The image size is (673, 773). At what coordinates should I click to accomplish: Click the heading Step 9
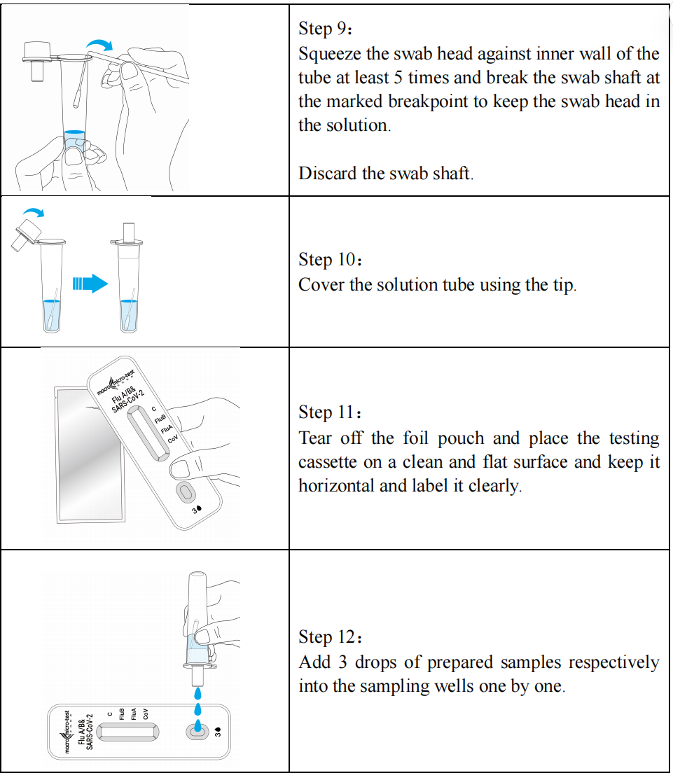pos(325,29)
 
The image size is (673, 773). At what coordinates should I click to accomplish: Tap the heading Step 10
pos(331,259)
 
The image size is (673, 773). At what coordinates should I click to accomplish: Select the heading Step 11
pos(331,412)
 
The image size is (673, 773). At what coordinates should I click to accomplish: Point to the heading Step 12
pos(331,636)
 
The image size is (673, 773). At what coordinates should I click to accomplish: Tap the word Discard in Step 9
pos(328,173)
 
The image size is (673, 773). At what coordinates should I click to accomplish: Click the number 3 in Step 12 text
pos(342,662)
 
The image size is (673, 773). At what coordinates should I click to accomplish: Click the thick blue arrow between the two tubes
pos(90,284)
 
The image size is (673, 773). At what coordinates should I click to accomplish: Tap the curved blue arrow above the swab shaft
pos(100,44)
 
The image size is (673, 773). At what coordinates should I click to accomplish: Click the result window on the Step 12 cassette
pos(127,732)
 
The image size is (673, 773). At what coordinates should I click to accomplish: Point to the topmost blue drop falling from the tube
pos(197,694)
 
